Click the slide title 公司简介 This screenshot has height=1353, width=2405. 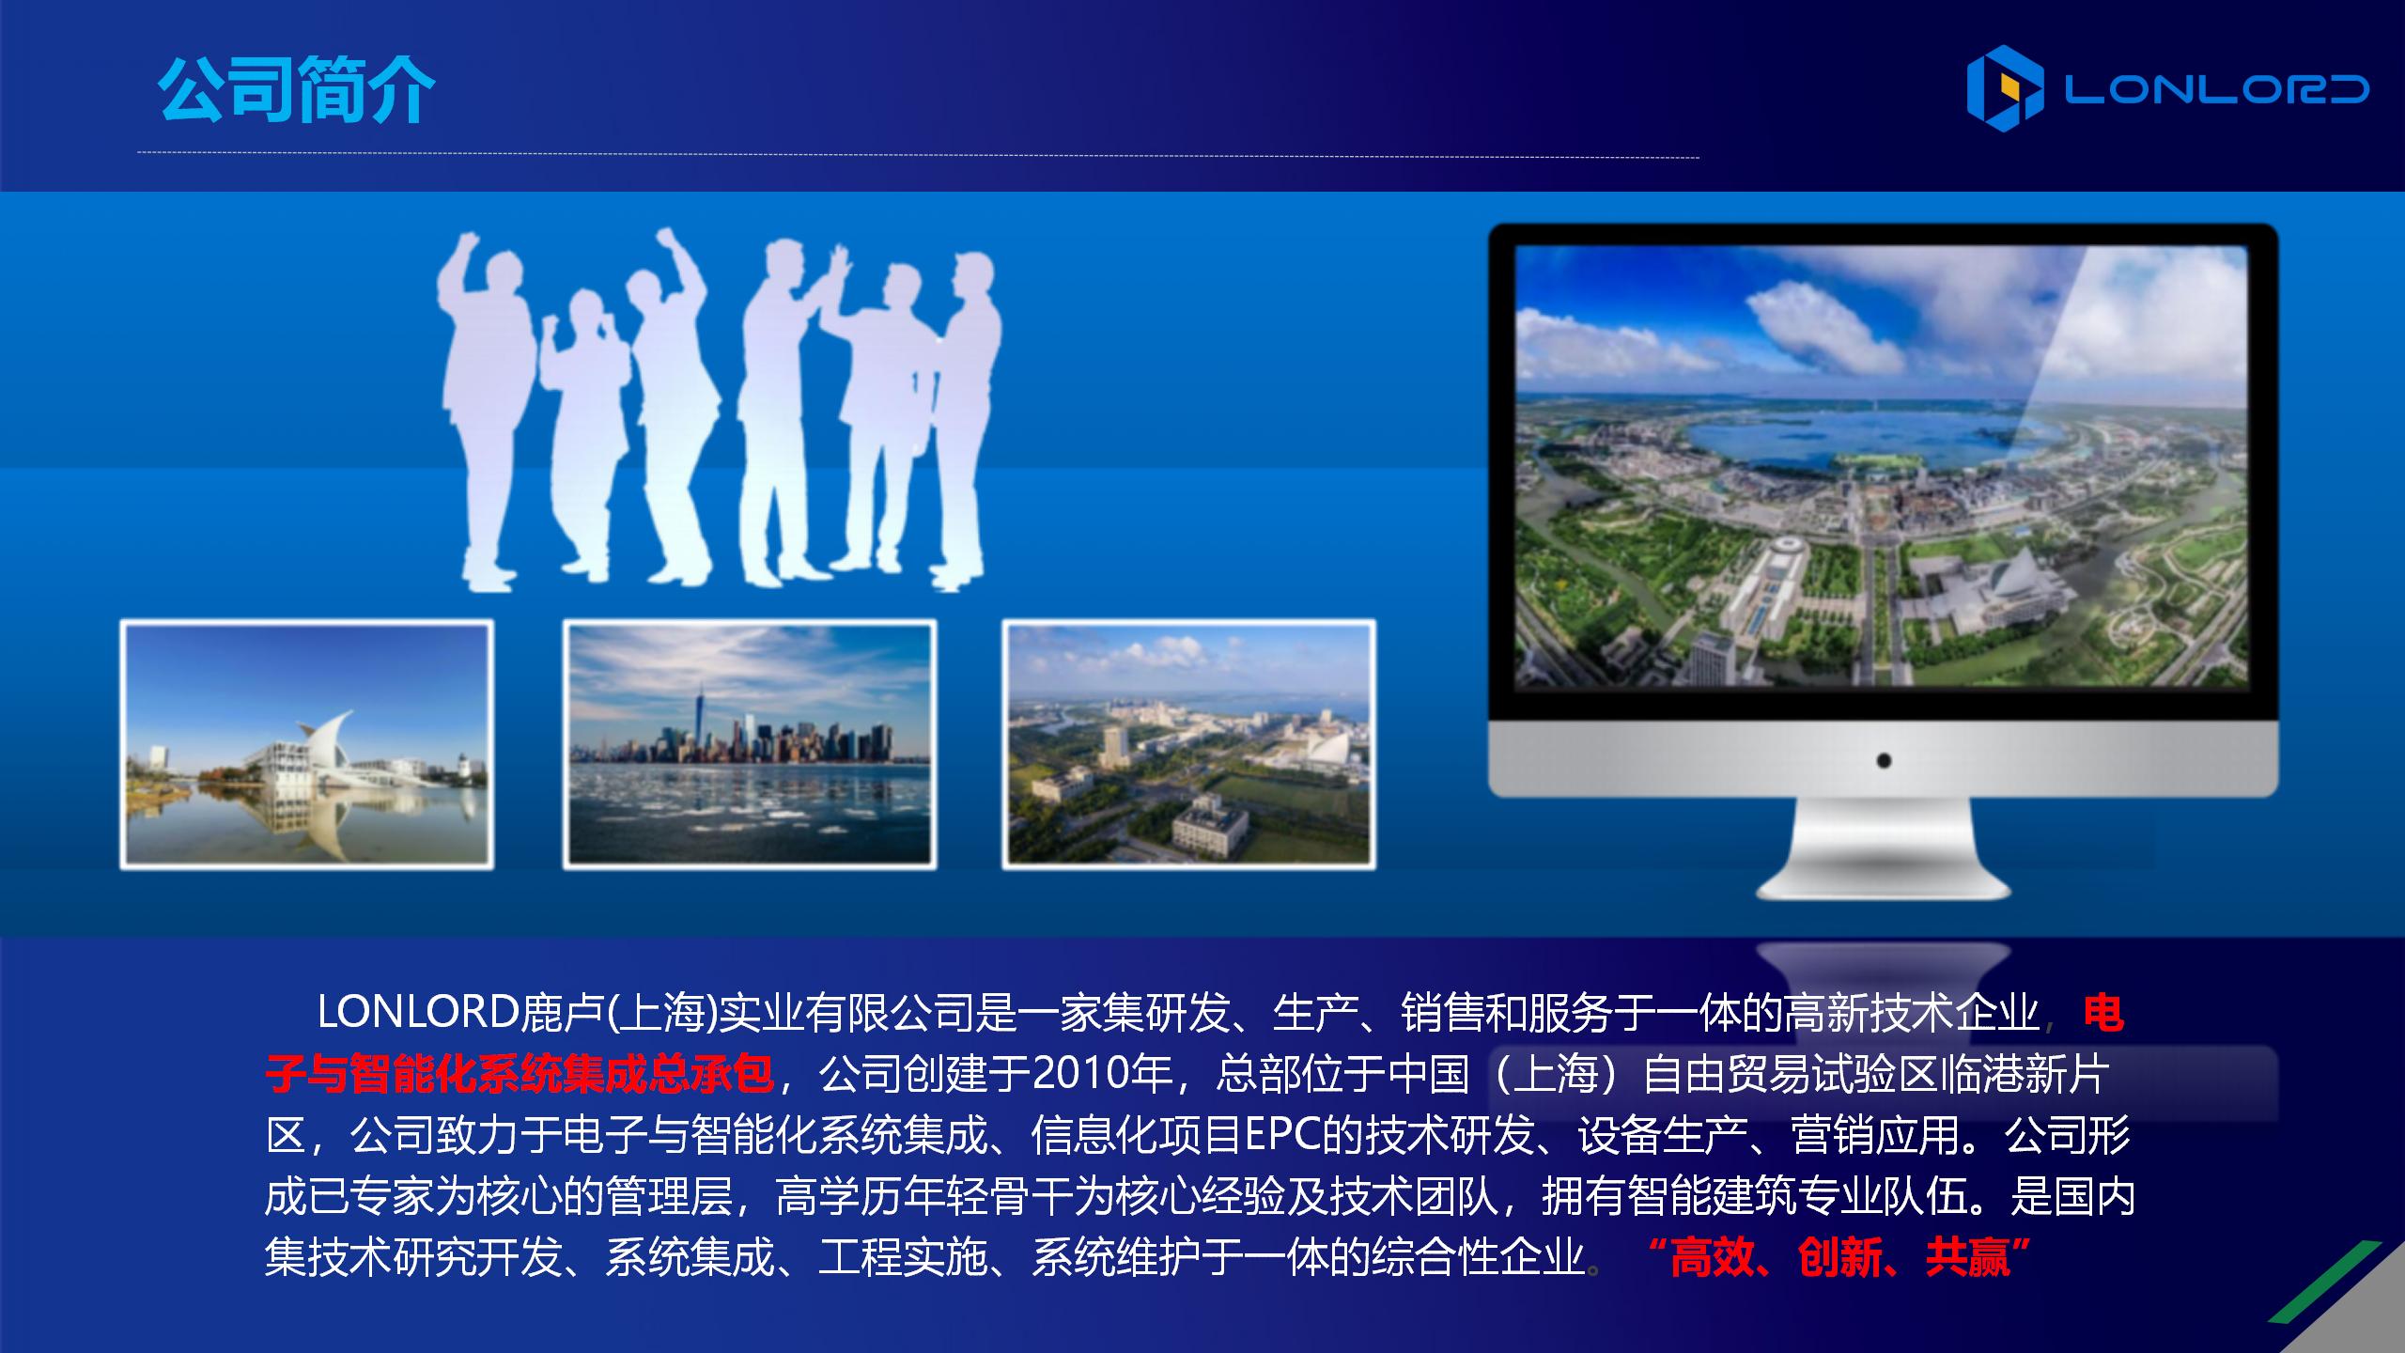point(296,90)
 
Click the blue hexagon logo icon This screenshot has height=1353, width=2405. point(2005,88)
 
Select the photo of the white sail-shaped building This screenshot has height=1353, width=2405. point(307,744)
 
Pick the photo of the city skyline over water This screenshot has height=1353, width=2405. point(750,744)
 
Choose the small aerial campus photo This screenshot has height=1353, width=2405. point(1188,744)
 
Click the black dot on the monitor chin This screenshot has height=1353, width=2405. point(1884,760)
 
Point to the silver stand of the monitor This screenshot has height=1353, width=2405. point(1884,850)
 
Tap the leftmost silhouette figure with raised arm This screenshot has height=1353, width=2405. point(489,404)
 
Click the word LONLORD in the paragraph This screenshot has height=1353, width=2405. point(418,1012)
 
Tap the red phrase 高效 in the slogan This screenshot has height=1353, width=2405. point(1712,1257)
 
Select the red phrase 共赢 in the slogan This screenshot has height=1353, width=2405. point(1967,1257)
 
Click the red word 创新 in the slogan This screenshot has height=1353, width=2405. point(1839,1257)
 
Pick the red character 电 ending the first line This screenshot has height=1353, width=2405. point(2103,1013)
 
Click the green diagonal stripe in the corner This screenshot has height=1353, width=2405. point(2325,1282)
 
